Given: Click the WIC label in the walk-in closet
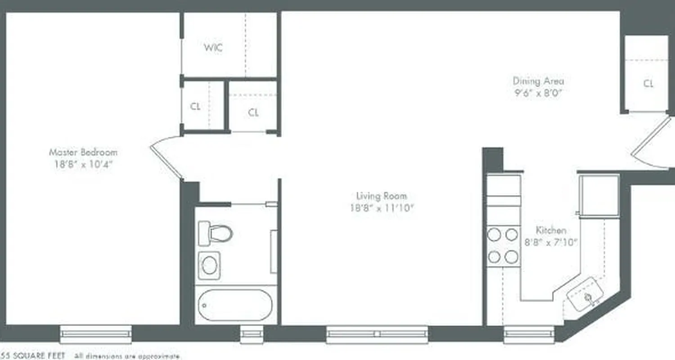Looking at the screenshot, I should coord(213,48).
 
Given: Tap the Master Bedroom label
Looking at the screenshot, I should coord(83,152).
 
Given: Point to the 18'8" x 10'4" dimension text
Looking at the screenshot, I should coord(83,164).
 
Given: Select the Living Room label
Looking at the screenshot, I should coord(382,196).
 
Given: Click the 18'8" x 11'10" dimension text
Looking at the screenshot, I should coord(382,208).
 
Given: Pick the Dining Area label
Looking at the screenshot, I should coord(538,81).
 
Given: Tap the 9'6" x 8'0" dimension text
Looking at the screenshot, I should coord(538,94).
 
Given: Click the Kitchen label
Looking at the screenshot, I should coord(551,230).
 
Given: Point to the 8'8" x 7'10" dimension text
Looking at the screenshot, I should coord(551,242).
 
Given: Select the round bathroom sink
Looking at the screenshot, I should coord(209,265).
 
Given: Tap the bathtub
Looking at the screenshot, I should coord(235,305).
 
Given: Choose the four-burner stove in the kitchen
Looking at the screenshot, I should coord(503,246).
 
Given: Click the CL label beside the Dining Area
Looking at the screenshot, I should coord(648,84).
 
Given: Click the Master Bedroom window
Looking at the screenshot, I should coord(96,334).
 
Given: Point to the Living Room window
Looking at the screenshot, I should coord(377,334).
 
